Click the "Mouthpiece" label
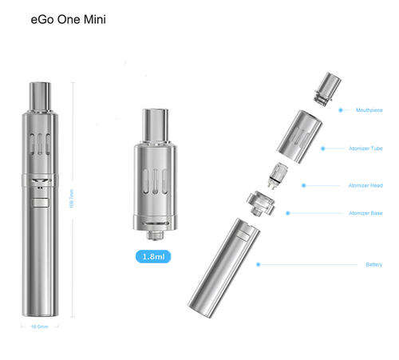tap(369, 110)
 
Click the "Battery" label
tap(373, 264)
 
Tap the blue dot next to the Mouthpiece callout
tap(341, 110)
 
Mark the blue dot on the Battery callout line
tap(257, 264)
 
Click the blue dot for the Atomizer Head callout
tap(303, 185)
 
